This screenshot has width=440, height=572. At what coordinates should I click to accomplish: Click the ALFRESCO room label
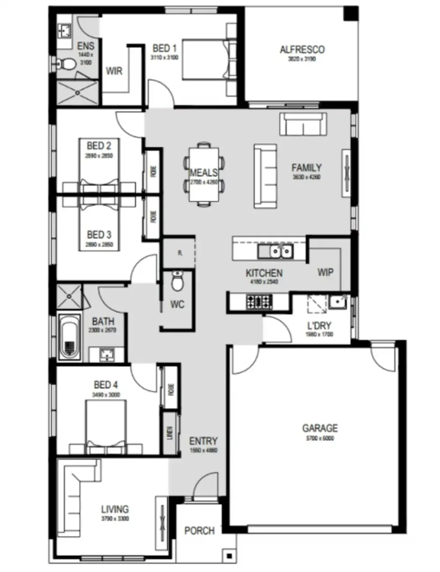302,49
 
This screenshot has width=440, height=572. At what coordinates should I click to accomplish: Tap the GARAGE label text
320,428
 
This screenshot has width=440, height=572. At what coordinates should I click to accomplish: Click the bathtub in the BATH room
69,337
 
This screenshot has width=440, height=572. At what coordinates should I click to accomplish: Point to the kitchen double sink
275,251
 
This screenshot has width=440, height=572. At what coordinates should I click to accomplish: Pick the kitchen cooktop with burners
259,301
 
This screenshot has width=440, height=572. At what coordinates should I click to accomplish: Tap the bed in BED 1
204,60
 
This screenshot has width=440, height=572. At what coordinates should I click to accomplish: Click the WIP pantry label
325,272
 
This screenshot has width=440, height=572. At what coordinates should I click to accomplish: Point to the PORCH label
199,531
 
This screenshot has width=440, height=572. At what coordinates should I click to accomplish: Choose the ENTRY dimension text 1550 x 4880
203,450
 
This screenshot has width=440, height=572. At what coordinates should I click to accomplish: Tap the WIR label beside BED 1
114,71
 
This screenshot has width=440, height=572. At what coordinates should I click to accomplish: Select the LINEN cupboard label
170,433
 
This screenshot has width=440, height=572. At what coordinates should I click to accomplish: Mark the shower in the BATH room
69,296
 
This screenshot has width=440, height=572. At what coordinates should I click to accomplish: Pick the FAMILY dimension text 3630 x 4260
306,177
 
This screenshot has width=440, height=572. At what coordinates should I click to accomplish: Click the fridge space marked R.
180,253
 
